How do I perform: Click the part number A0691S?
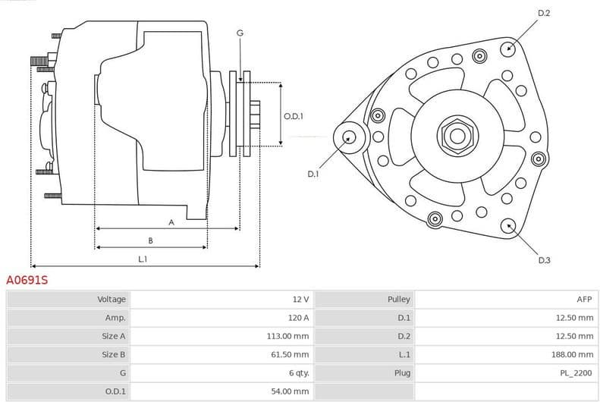[27, 280]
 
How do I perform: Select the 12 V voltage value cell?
[300, 300]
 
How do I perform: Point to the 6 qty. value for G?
[298, 372]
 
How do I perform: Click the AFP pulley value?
[585, 300]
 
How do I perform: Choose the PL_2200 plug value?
[577, 372]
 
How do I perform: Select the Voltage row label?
[112, 300]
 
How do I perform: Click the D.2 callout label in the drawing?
[544, 13]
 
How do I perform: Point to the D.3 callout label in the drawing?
[544, 260]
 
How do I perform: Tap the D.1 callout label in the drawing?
[313, 174]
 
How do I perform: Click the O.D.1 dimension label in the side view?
[294, 116]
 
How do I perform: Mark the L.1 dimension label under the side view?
[143, 259]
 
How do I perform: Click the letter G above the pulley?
[240, 33]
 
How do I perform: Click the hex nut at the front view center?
[457, 136]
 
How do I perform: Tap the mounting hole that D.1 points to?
[349, 137]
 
